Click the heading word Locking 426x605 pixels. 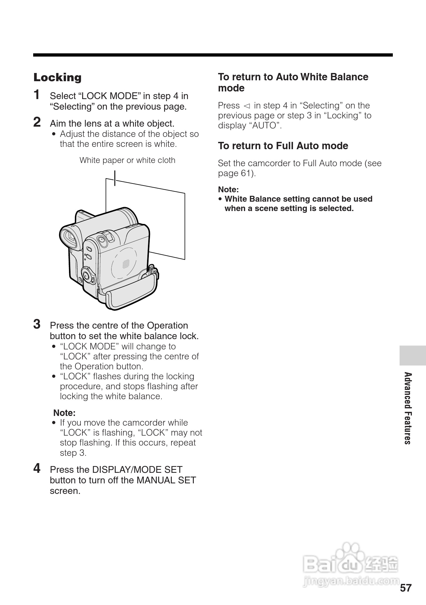coord(58,78)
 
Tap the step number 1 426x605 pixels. coord(37,95)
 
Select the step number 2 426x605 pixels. coord(37,122)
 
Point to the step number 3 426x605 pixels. coord(37,324)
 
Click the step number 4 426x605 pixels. coord(37,468)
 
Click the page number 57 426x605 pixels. coord(406,588)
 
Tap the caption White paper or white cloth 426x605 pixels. coord(127,160)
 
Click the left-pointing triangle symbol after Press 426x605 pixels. coord(247,106)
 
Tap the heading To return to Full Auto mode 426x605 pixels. coord(283,146)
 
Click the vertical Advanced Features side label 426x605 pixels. coord(408,408)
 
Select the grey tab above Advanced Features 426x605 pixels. coord(412,355)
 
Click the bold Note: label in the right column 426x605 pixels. coord(228,189)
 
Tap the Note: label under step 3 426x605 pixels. coord(64,413)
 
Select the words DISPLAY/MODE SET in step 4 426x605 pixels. coord(137,470)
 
